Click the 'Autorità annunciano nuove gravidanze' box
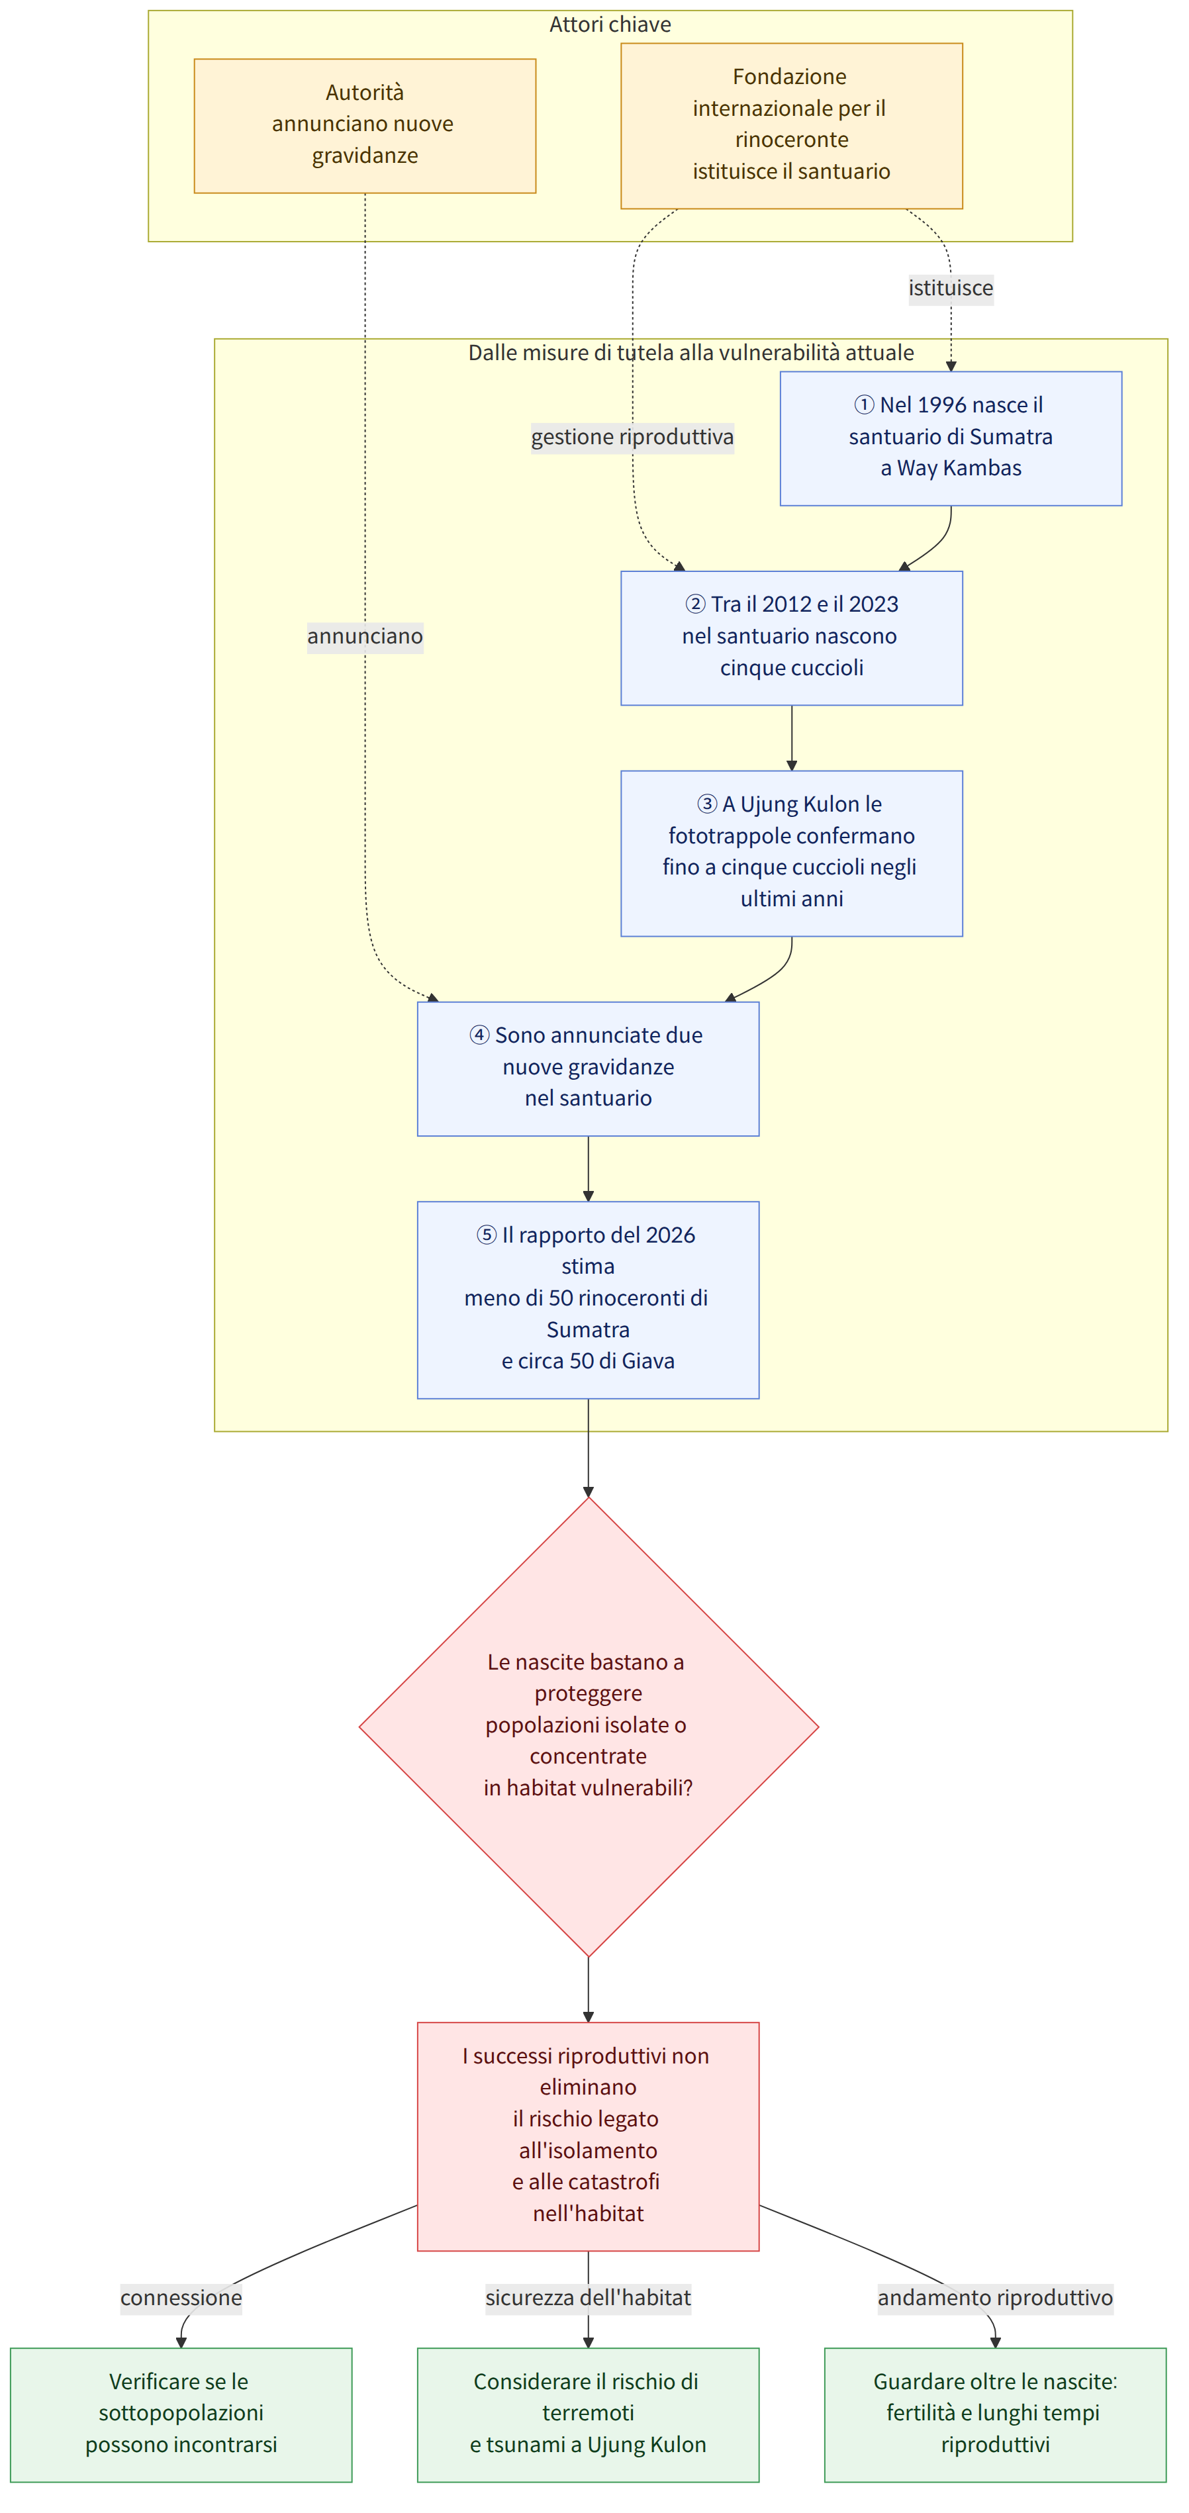click(365, 126)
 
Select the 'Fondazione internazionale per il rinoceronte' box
click(791, 126)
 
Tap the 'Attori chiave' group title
click(610, 24)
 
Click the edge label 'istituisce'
click(951, 288)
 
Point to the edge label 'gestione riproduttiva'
click(632, 437)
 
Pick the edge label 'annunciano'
click(365, 636)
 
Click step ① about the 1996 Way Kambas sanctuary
click(951, 438)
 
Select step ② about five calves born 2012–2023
click(791, 638)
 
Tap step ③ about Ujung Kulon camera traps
click(791, 853)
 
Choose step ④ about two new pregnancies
click(588, 1068)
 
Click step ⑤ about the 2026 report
click(588, 1300)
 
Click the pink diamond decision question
click(588, 1726)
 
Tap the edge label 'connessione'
click(181, 2297)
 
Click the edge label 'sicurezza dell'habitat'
click(588, 2297)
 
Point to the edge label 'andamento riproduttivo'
click(995, 2297)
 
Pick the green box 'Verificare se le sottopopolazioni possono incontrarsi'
click(181, 2414)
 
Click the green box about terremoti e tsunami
click(588, 2414)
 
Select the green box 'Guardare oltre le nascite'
click(995, 2414)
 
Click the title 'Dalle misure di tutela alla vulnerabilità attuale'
click(690, 352)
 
